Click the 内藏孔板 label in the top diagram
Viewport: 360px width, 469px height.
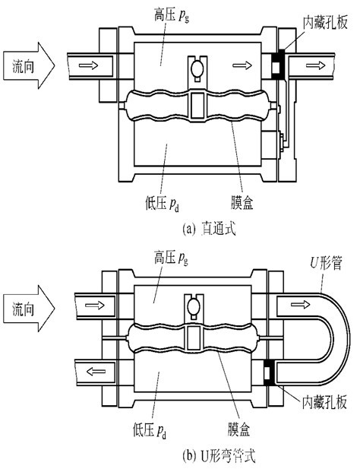325,22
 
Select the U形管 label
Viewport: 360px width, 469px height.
326,263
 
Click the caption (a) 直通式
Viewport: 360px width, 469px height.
209,229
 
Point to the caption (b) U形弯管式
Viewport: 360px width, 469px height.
219,456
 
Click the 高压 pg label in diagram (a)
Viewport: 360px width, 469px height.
172,15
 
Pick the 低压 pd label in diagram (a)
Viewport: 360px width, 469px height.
163,204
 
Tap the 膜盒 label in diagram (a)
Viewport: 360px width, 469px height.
242,203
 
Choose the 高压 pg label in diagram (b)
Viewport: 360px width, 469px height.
171,258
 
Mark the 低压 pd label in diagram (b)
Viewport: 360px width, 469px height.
150,431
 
